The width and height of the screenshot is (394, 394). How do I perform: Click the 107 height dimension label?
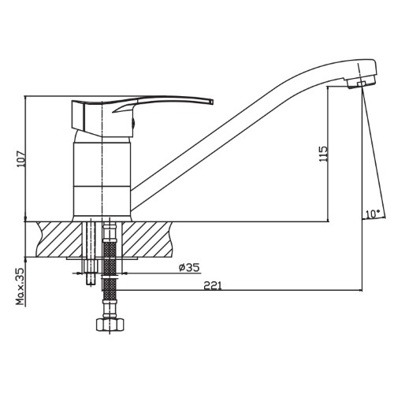coord(20,159)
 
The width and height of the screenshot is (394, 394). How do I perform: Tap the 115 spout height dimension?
coord(323,154)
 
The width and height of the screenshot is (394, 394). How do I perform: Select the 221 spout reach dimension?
coord(213,285)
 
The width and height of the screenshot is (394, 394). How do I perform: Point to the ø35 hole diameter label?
coord(189,268)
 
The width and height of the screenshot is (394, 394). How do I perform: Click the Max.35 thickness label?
coord(20,286)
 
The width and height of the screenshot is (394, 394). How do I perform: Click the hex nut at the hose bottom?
coord(110,325)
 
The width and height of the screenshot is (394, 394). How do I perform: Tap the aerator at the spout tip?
coord(362,82)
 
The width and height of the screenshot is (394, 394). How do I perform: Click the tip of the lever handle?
coord(212,102)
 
